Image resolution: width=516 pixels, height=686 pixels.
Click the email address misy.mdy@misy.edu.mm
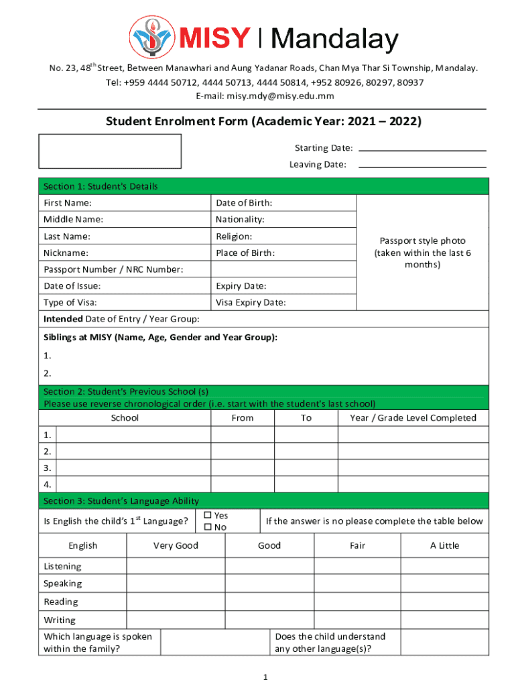265,96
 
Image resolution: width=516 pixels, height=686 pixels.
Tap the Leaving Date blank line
422,165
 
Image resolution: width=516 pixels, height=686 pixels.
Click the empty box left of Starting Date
110,151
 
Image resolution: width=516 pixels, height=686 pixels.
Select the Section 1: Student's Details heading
101,186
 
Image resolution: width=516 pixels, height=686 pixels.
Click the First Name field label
68,203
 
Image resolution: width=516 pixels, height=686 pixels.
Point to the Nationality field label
240,220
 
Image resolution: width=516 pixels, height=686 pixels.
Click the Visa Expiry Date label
251,302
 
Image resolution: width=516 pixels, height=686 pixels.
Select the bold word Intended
63,319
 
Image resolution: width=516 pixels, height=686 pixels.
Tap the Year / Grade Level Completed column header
413,418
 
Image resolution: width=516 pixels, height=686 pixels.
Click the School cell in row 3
133,468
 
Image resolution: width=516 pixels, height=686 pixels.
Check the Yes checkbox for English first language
208,515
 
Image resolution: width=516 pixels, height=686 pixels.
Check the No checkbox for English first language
208,527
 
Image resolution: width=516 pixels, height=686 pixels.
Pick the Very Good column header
176,545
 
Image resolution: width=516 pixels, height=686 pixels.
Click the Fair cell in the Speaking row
357,584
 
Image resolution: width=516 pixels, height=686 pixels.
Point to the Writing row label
60,620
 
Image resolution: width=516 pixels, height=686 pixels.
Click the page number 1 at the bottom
266,677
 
